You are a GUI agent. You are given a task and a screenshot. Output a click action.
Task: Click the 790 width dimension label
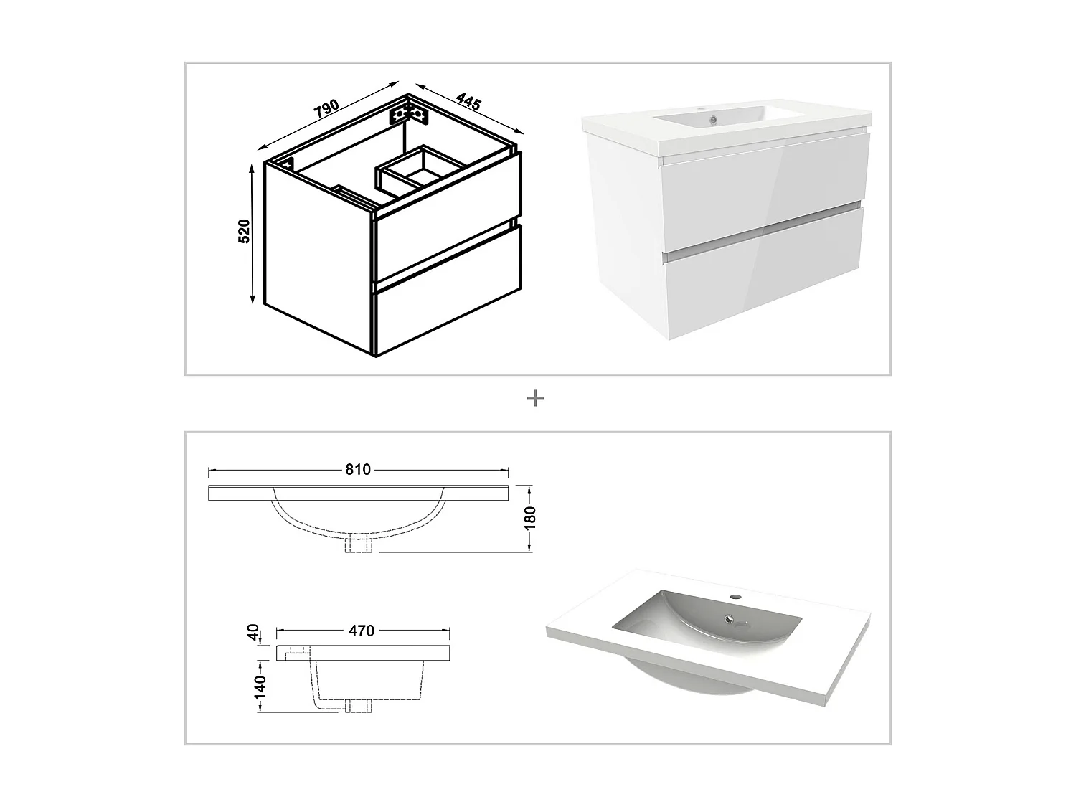(x=326, y=108)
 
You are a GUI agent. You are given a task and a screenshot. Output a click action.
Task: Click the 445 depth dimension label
(x=468, y=102)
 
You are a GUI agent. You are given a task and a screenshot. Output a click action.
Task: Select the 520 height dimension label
(x=244, y=231)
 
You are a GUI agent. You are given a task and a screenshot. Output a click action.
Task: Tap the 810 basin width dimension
(x=358, y=470)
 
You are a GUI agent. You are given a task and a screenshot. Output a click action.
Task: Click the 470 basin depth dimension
(x=362, y=631)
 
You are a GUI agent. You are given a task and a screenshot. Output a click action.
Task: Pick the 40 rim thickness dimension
(x=253, y=632)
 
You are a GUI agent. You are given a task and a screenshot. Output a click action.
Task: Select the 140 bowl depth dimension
(x=260, y=686)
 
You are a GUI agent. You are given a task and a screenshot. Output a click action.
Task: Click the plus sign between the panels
(x=535, y=398)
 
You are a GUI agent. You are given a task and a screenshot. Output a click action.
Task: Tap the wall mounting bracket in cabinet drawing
(x=409, y=114)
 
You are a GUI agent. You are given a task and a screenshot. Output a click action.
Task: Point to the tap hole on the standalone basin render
(x=735, y=596)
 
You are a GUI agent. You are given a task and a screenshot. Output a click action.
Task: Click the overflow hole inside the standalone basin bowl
(x=730, y=618)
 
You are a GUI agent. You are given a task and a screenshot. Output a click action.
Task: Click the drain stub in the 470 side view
(x=357, y=705)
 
